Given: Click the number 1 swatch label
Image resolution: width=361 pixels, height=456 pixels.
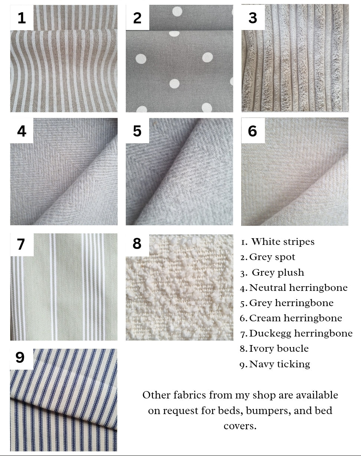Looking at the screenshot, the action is click(22, 18).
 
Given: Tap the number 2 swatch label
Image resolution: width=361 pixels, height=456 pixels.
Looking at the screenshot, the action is click(137, 18).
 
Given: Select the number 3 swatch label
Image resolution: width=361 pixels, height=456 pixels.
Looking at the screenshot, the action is click(253, 18).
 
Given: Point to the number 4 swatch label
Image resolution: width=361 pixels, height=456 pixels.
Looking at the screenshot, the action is click(22, 131).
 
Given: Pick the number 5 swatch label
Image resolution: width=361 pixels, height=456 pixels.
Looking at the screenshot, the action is click(137, 131).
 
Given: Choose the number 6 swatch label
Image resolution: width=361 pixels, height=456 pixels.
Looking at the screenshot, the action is click(252, 131).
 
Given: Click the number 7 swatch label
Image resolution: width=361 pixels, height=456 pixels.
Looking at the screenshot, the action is click(21, 244).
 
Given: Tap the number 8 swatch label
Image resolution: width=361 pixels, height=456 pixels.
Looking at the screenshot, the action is click(137, 243).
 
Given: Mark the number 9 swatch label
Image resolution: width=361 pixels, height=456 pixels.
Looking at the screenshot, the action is click(20, 357).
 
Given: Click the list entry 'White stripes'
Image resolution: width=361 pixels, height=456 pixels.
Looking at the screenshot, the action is click(283, 242).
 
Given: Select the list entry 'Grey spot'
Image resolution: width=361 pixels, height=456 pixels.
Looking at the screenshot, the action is click(272, 257).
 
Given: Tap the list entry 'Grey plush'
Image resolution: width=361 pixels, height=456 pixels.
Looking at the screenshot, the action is click(278, 272).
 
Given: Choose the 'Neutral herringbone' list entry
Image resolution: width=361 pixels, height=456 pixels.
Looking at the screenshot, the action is click(298, 288).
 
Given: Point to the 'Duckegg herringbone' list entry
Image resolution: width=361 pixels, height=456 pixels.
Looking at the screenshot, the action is click(301, 334).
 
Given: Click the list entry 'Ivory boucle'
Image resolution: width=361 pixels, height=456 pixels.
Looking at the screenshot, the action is click(279, 349).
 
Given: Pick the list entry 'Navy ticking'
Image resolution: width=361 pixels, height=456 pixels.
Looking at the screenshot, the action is click(280, 364).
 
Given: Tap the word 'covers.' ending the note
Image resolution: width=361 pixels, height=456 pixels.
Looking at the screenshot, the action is click(240, 426).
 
